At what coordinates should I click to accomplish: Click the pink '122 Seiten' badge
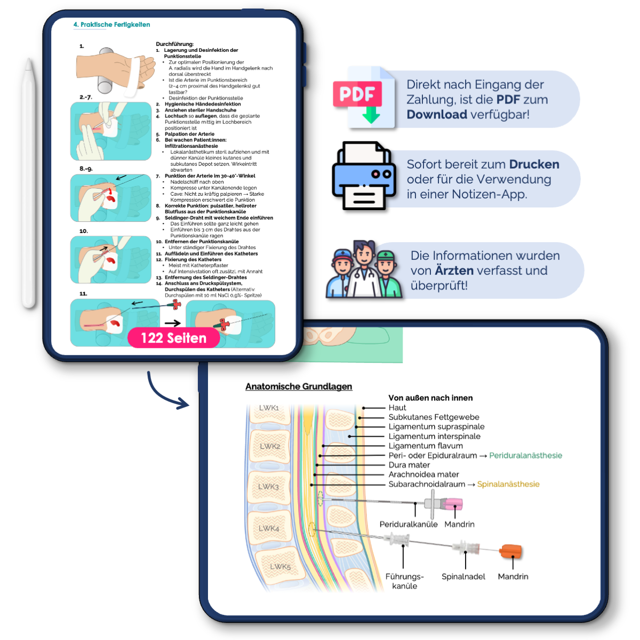tap(173, 338)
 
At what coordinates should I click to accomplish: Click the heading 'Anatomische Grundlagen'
tap(299, 387)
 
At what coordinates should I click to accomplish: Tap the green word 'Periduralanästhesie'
tap(525, 455)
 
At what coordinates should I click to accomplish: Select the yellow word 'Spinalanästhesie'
tap(508, 484)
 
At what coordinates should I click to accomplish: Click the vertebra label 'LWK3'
tap(269, 486)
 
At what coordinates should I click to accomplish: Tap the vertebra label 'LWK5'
tap(280, 566)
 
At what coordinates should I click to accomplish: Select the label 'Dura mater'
tap(409, 465)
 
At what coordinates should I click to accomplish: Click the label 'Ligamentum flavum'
tap(426, 446)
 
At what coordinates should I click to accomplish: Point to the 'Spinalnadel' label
tap(463, 577)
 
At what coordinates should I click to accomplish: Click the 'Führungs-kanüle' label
tap(404, 581)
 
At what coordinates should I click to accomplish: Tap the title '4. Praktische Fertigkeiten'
tap(111, 25)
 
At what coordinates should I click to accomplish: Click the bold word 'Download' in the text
tap(437, 115)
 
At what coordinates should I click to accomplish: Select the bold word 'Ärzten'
tap(454, 271)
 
